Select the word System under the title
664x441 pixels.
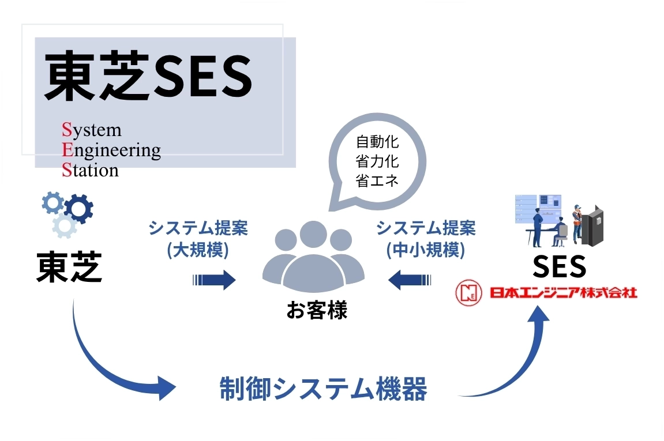pyautogui.click(x=92, y=130)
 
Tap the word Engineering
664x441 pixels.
pyautogui.click(x=111, y=150)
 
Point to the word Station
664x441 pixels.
pyautogui.click(x=90, y=170)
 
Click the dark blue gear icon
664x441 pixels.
pyautogui.click(x=78, y=208)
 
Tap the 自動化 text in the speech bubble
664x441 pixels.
pyautogui.click(x=378, y=141)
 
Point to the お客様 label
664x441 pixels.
pyautogui.click(x=317, y=311)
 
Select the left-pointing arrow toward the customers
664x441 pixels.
pyautogui.click(x=410, y=281)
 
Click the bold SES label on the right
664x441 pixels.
pyautogui.click(x=559, y=266)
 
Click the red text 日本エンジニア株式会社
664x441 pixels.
pyautogui.click(x=563, y=293)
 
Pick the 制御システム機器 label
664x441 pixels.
pyautogui.click(x=324, y=390)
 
